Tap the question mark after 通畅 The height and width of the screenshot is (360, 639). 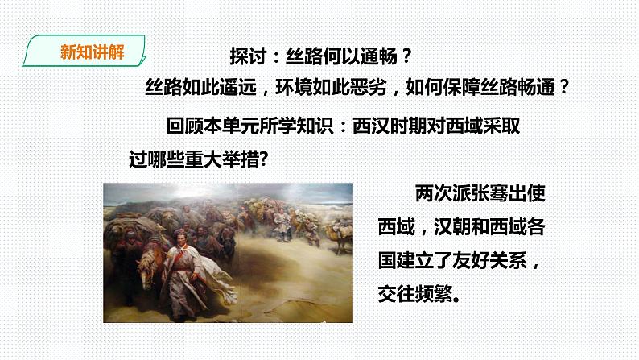[x=407, y=57]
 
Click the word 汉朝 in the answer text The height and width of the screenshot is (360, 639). [x=453, y=228]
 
